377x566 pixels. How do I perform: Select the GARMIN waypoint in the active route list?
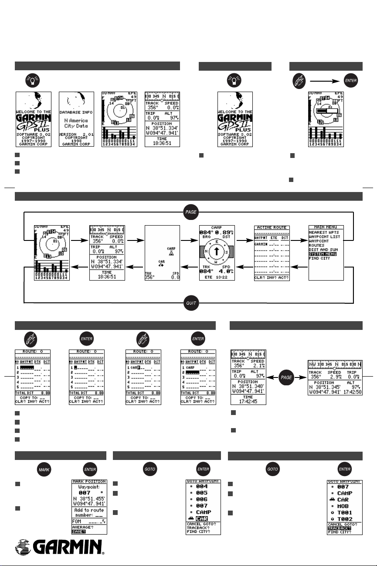[260, 245]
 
